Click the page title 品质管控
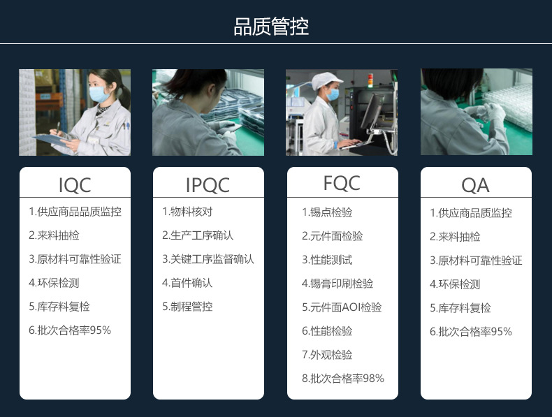coord(271,27)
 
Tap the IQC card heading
coord(75,185)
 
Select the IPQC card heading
coord(208,185)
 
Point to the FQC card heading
coord(342,183)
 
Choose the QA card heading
coord(475,185)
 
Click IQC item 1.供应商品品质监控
coord(75,212)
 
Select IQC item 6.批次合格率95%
coord(70,330)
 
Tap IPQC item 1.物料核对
coord(187,212)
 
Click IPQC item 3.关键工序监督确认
coord(208,259)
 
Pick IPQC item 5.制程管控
coord(187,307)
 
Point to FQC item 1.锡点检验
coord(327,212)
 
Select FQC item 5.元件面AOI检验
coord(342,307)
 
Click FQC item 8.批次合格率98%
coord(343,379)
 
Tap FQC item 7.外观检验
coord(327,355)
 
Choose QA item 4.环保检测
coord(455,284)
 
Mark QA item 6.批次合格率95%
coord(471,332)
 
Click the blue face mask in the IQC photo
coord(99,94)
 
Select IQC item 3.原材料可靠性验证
coord(75,259)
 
